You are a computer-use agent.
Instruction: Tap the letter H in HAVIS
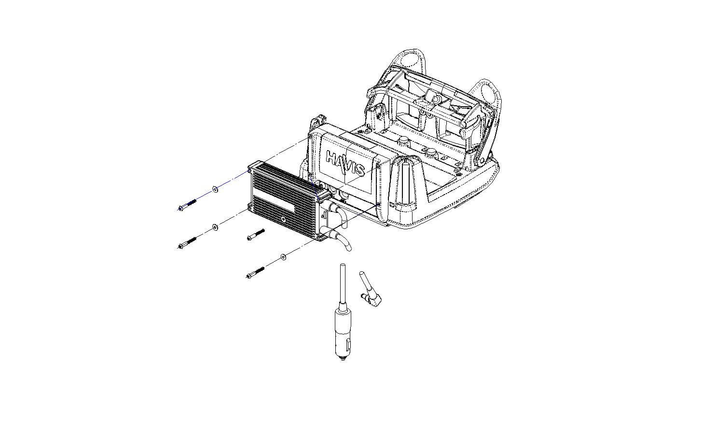(x=331, y=157)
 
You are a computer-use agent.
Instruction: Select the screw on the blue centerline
(x=187, y=205)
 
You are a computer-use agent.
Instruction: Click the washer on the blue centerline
(x=215, y=189)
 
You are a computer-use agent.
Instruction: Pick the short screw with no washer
(x=256, y=235)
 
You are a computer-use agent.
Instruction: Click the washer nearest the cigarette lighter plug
(x=283, y=257)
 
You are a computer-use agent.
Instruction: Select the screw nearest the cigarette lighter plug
(x=255, y=272)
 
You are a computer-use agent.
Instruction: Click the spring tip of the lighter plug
(x=343, y=359)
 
